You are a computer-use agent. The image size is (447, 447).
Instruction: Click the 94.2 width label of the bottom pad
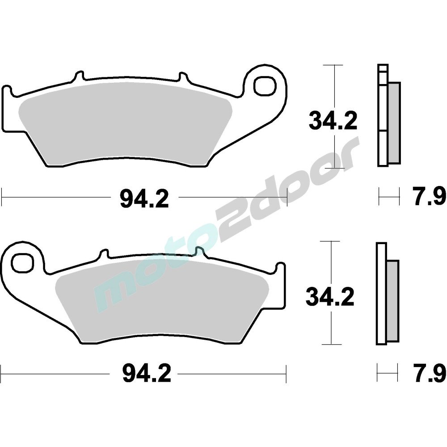point(147,374)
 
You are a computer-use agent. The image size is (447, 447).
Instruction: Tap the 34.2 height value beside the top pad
point(333,121)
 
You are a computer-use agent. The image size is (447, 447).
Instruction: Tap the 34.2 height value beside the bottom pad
point(330,297)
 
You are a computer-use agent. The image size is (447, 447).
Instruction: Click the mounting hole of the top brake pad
point(266,86)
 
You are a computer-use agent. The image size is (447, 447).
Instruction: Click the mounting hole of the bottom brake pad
point(22,262)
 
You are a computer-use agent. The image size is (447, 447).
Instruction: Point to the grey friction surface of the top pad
point(126,126)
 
